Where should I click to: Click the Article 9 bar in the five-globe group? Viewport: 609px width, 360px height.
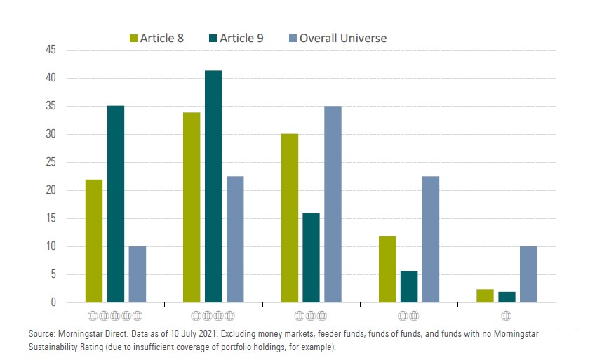click(116, 204)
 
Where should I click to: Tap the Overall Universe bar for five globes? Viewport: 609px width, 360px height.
click(138, 274)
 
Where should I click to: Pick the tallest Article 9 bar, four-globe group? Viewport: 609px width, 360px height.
click(213, 186)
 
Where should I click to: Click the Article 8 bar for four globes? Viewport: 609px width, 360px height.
click(192, 207)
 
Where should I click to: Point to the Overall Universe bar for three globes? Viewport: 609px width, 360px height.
click(333, 204)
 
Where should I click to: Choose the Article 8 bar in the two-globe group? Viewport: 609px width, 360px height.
click(387, 269)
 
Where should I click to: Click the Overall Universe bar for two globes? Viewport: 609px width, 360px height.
click(430, 239)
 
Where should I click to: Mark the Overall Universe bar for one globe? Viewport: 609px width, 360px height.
click(528, 274)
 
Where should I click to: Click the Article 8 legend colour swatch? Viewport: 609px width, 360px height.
click(133, 38)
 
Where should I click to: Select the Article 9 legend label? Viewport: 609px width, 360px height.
click(241, 38)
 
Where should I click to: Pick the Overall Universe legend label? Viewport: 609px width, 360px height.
click(343, 38)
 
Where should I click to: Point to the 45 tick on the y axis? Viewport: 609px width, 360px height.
click(51, 50)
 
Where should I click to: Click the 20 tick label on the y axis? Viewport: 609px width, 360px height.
click(51, 190)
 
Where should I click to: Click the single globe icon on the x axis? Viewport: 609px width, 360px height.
click(507, 316)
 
